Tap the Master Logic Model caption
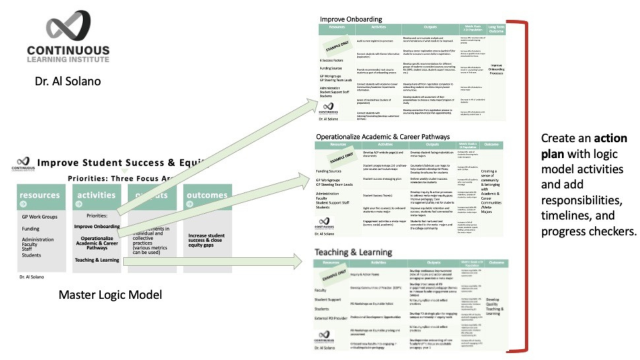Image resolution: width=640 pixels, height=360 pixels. (x=110, y=295)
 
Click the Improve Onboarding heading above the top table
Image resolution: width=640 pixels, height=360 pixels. (x=350, y=19)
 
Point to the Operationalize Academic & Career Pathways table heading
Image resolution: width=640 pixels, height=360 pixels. (x=383, y=136)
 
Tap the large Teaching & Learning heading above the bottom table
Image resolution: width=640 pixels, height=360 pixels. (x=353, y=252)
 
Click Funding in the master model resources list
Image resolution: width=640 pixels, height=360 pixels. (x=30, y=228)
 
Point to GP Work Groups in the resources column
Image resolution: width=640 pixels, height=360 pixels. (x=39, y=217)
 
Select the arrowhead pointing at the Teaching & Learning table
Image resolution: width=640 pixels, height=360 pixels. (x=298, y=260)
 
